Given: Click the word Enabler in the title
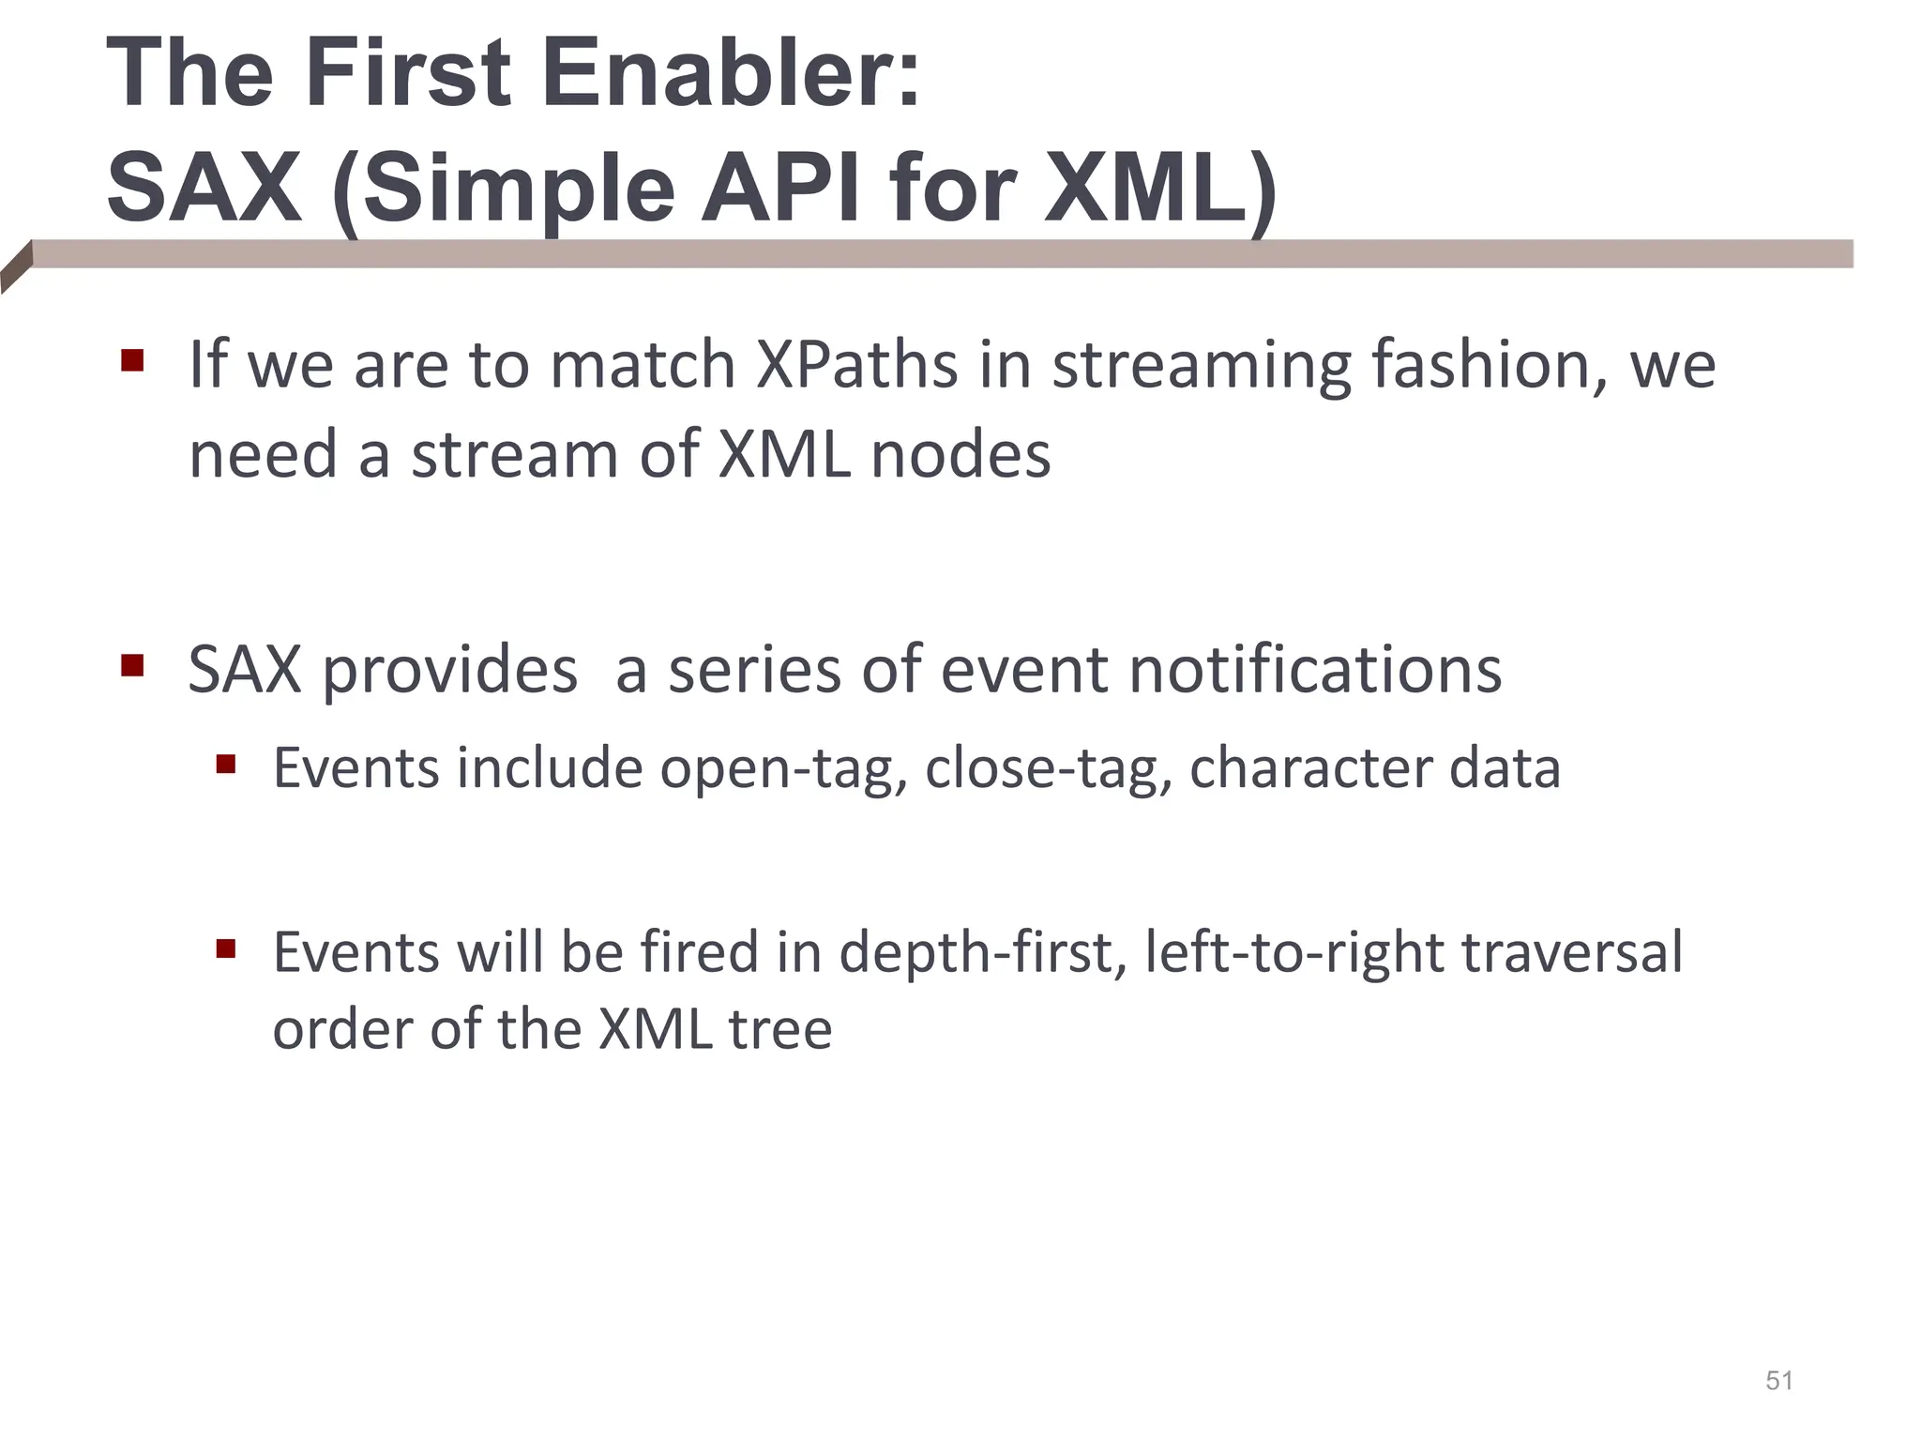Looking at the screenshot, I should pos(732,73).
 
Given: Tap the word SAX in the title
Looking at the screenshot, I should pos(204,188).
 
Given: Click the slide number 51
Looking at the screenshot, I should pos(1778,1381).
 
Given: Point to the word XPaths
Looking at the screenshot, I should pos(856,364).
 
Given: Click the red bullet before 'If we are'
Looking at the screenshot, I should pos(132,360).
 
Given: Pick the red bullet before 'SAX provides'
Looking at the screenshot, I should pos(132,666).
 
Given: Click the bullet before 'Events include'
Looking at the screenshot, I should pos(225,765).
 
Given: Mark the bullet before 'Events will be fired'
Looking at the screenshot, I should pos(225,948).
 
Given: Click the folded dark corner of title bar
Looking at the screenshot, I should pos(16,268).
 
